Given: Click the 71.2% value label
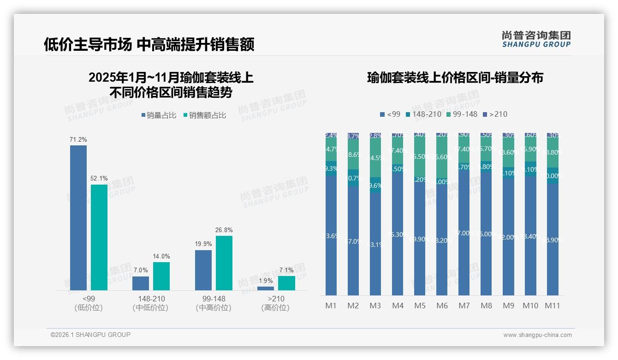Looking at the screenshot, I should pyautogui.click(x=78, y=139).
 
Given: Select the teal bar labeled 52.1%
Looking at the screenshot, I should pyautogui.click(x=99, y=237).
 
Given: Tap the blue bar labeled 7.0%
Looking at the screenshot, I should pyautogui.click(x=141, y=283).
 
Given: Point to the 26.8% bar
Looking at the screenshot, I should pyautogui.click(x=224, y=263).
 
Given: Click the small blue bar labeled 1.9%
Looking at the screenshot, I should pyautogui.click(x=266, y=288).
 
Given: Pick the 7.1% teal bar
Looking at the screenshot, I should pyautogui.click(x=286, y=283).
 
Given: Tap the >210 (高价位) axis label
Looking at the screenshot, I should pyautogui.click(x=276, y=303).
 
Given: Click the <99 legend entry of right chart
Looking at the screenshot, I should pyautogui.click(x=390, y=114).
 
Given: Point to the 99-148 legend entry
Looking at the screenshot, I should pyautogui.click(x=461, y=114).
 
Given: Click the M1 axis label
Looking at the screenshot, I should pyautogui.click(x=331, y=306).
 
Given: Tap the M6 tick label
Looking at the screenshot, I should pyautogui.click(x=442, y=306).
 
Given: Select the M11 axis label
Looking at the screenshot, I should pyautogui.click(x=553, y=306).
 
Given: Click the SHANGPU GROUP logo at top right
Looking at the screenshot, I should pyautogui.click(x=536, y=39).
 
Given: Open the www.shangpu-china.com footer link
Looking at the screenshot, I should pyautogui.click(x=537, y=335).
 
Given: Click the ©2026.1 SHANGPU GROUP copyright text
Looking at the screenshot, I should pyautogui.click(x=90, y=335).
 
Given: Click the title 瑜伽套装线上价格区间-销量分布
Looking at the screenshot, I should pyautogui.click(x=455, y=78).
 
